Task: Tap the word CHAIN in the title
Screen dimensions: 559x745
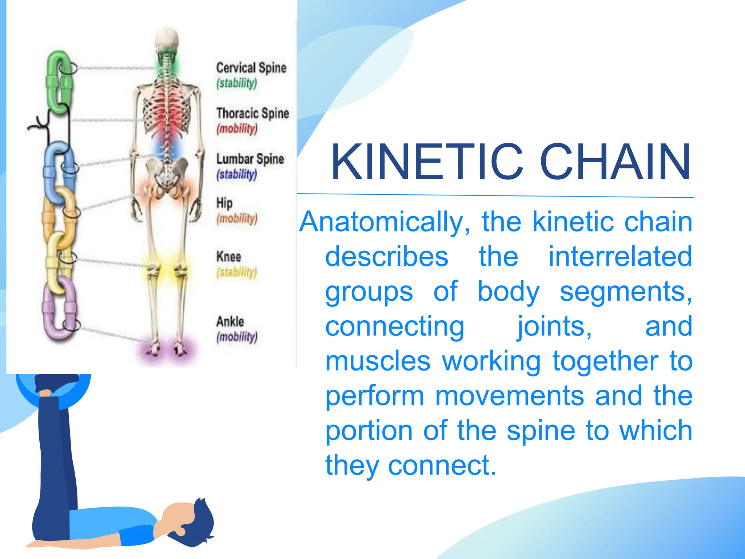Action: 615,162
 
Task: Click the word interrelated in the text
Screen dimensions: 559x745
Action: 620,257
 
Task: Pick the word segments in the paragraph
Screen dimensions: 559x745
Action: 625,292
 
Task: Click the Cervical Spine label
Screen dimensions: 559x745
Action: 251,68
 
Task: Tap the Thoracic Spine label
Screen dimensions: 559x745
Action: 252,114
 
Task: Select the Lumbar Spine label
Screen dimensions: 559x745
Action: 250,159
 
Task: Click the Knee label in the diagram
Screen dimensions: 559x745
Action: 228,257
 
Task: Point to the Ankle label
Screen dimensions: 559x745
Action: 230,322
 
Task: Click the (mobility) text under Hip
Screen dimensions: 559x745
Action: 237,218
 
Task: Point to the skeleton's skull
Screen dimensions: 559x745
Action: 167,40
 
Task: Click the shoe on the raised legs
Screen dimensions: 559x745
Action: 56,382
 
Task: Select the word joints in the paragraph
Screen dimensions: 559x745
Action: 554,326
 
